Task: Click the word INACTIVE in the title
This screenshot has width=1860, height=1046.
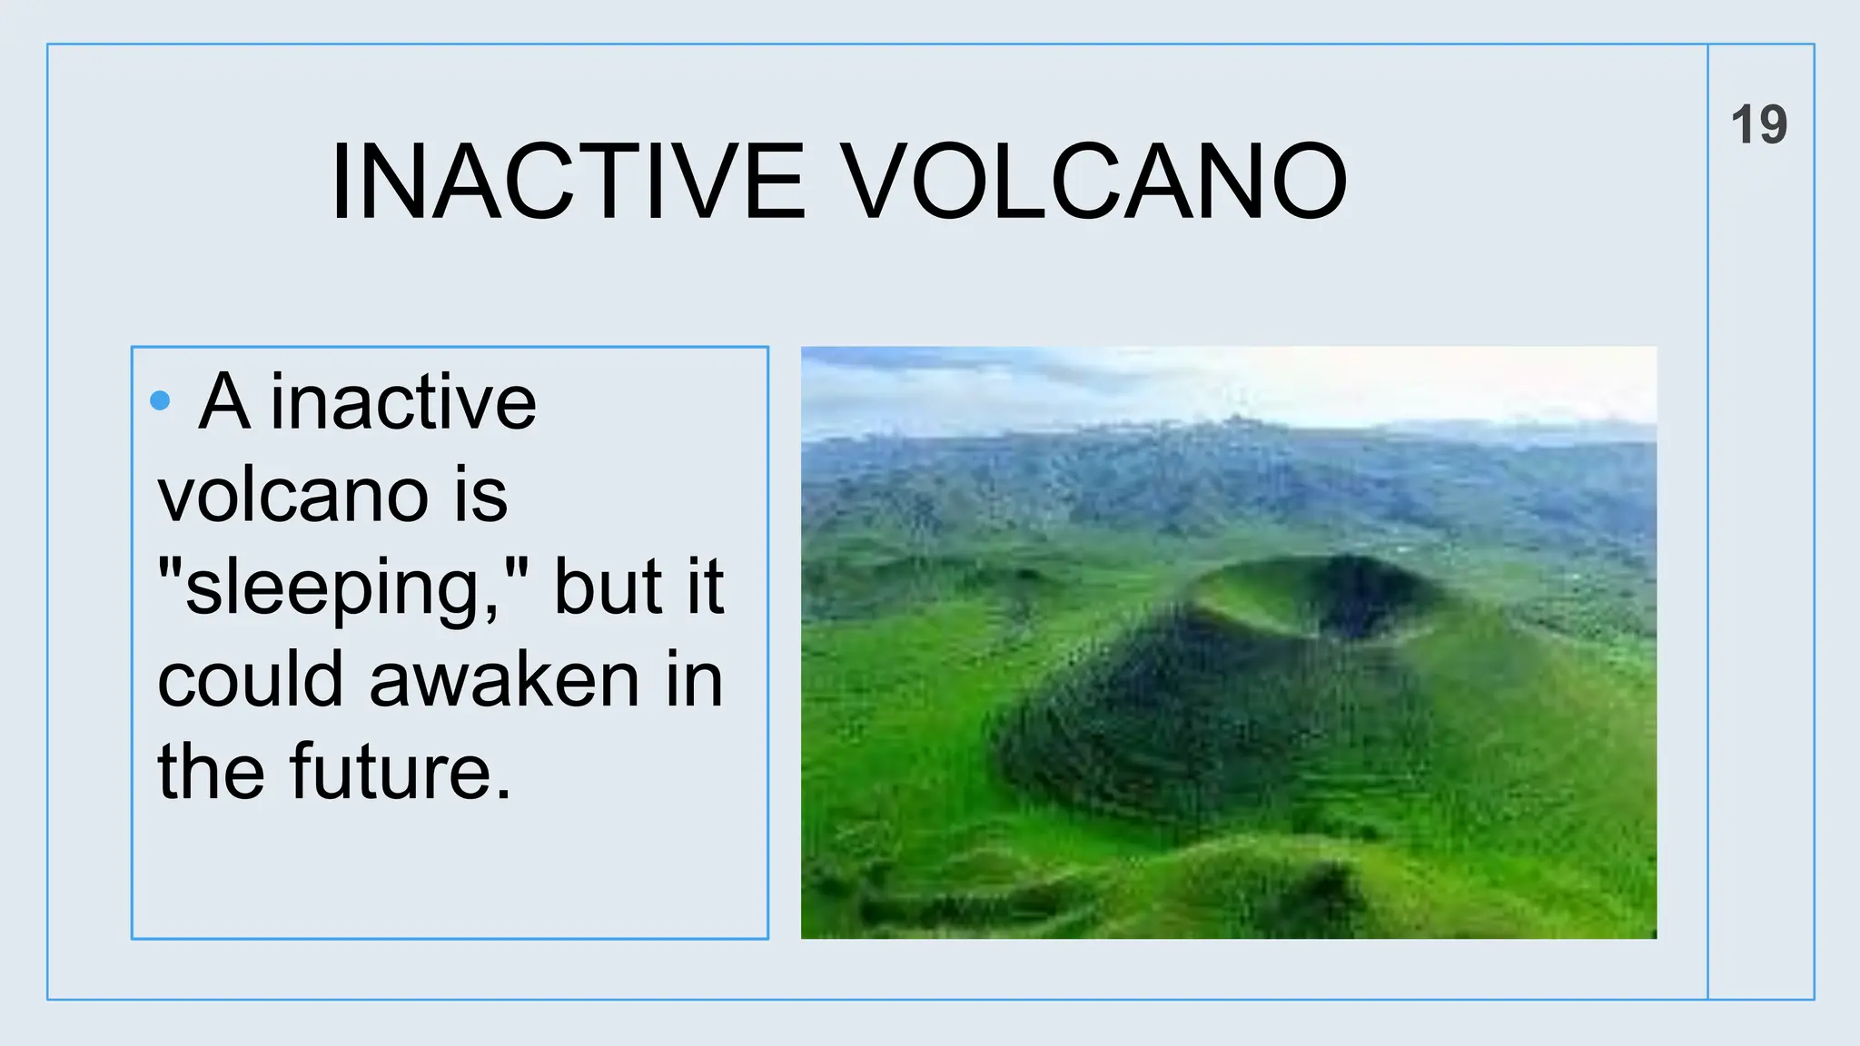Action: (x=568, y=182)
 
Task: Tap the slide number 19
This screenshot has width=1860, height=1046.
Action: (x=1758, y=124)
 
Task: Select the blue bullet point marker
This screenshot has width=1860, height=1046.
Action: (x=160, y=400)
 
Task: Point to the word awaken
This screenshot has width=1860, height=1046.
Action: (x=504, y=681)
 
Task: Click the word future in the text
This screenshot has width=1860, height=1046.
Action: (x=391, y=773)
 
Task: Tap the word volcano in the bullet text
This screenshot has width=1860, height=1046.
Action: (x=292, y=497)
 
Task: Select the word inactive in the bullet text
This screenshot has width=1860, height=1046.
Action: (x=403, y=403)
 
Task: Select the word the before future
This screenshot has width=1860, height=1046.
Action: (x=211, y=773)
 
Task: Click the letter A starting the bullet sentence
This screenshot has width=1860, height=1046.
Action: (x=223, y=403)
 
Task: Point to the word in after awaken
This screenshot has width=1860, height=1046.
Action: (x=694, y=681)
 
